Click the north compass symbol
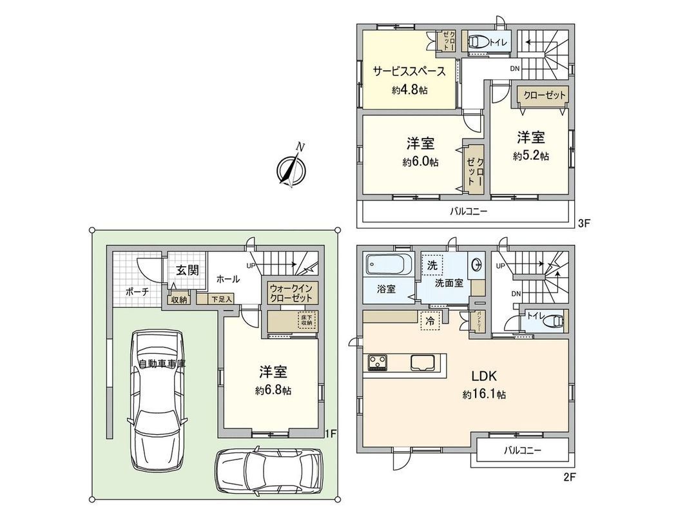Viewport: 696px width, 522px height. click(291, 169)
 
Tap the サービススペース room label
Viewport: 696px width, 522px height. click(409, 72)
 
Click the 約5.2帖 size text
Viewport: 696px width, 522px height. click(531, 156)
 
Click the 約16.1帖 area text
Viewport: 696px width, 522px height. click(483, 394)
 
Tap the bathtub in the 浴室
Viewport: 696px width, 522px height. click(388, 266)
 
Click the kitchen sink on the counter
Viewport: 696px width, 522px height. click(423, 363)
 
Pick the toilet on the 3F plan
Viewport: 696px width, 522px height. click(477, 43)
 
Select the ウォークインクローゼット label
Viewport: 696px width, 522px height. click(291, 293)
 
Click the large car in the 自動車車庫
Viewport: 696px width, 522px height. click(157, 394)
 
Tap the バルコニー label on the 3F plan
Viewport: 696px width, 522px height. click(469, 211)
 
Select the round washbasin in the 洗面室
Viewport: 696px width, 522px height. click(477, 265)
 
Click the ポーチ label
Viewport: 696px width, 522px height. click(137, 291)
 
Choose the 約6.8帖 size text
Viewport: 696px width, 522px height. click(273, 391)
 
